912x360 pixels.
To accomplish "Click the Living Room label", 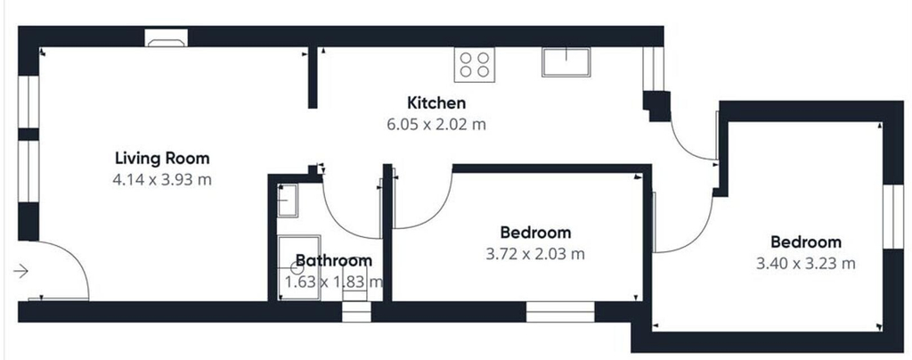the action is tap(162, 159).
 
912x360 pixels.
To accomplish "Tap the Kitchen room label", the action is tap(436, 103).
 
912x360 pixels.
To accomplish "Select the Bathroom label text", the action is tap(334, 260).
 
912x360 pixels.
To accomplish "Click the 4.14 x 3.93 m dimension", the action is tap(162, 180).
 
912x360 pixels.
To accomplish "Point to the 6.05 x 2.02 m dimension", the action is tap(436, 125).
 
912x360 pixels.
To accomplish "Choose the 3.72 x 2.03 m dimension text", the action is tap(535, 254).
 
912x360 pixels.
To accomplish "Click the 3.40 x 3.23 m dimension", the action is tap(805, 264).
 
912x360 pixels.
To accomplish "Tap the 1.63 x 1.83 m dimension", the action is tap(334, 282).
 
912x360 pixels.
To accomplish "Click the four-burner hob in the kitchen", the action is tap(475, 64).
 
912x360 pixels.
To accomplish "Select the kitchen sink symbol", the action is tap(566, 62).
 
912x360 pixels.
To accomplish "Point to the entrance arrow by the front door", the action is tap(21, 271).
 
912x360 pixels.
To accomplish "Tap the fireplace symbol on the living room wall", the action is tap(167, 38).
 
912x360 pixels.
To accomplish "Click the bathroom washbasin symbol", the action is tap(288, 200).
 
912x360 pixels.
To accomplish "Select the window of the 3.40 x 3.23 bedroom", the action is tap(892, 217).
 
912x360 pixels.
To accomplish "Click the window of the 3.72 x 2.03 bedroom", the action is tap(561, 311).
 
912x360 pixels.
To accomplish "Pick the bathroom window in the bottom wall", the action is tap(356, 311).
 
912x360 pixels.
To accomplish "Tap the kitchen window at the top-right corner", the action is tap(653, 69).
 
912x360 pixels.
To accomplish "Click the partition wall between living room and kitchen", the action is tap(313, 78).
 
